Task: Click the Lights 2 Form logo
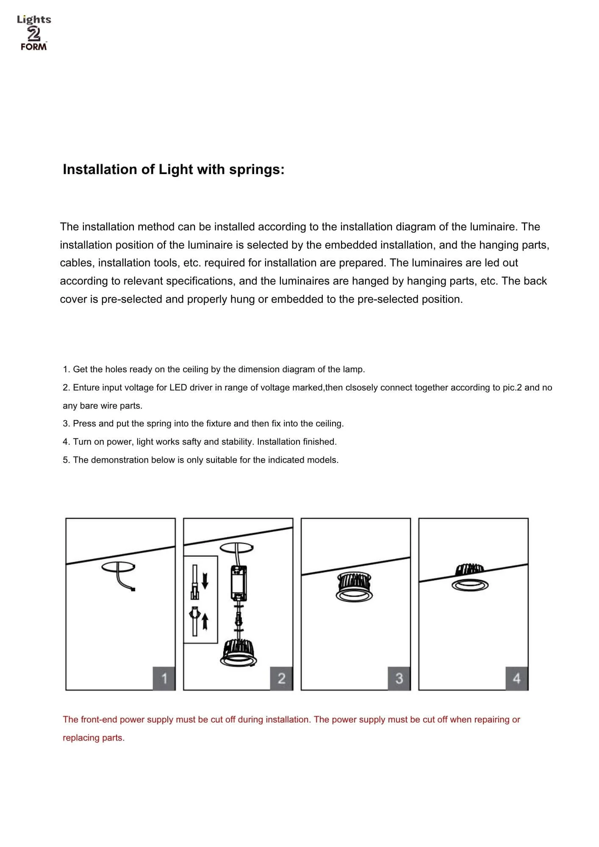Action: tap(34, 33)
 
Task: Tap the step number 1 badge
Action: tap(164, 678)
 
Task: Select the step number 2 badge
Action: tap(282, 678)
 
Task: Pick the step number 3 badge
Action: tap(399, 678)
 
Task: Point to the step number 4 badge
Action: tap(517, 678)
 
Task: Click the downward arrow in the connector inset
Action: tap(205, 580)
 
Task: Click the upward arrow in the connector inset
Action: tap(205, 622)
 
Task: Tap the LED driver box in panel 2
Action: tap(238, 583)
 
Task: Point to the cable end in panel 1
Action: tap(133, 589)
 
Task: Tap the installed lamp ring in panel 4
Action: tap(470, 586)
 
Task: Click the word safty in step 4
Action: tap(191, 442)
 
